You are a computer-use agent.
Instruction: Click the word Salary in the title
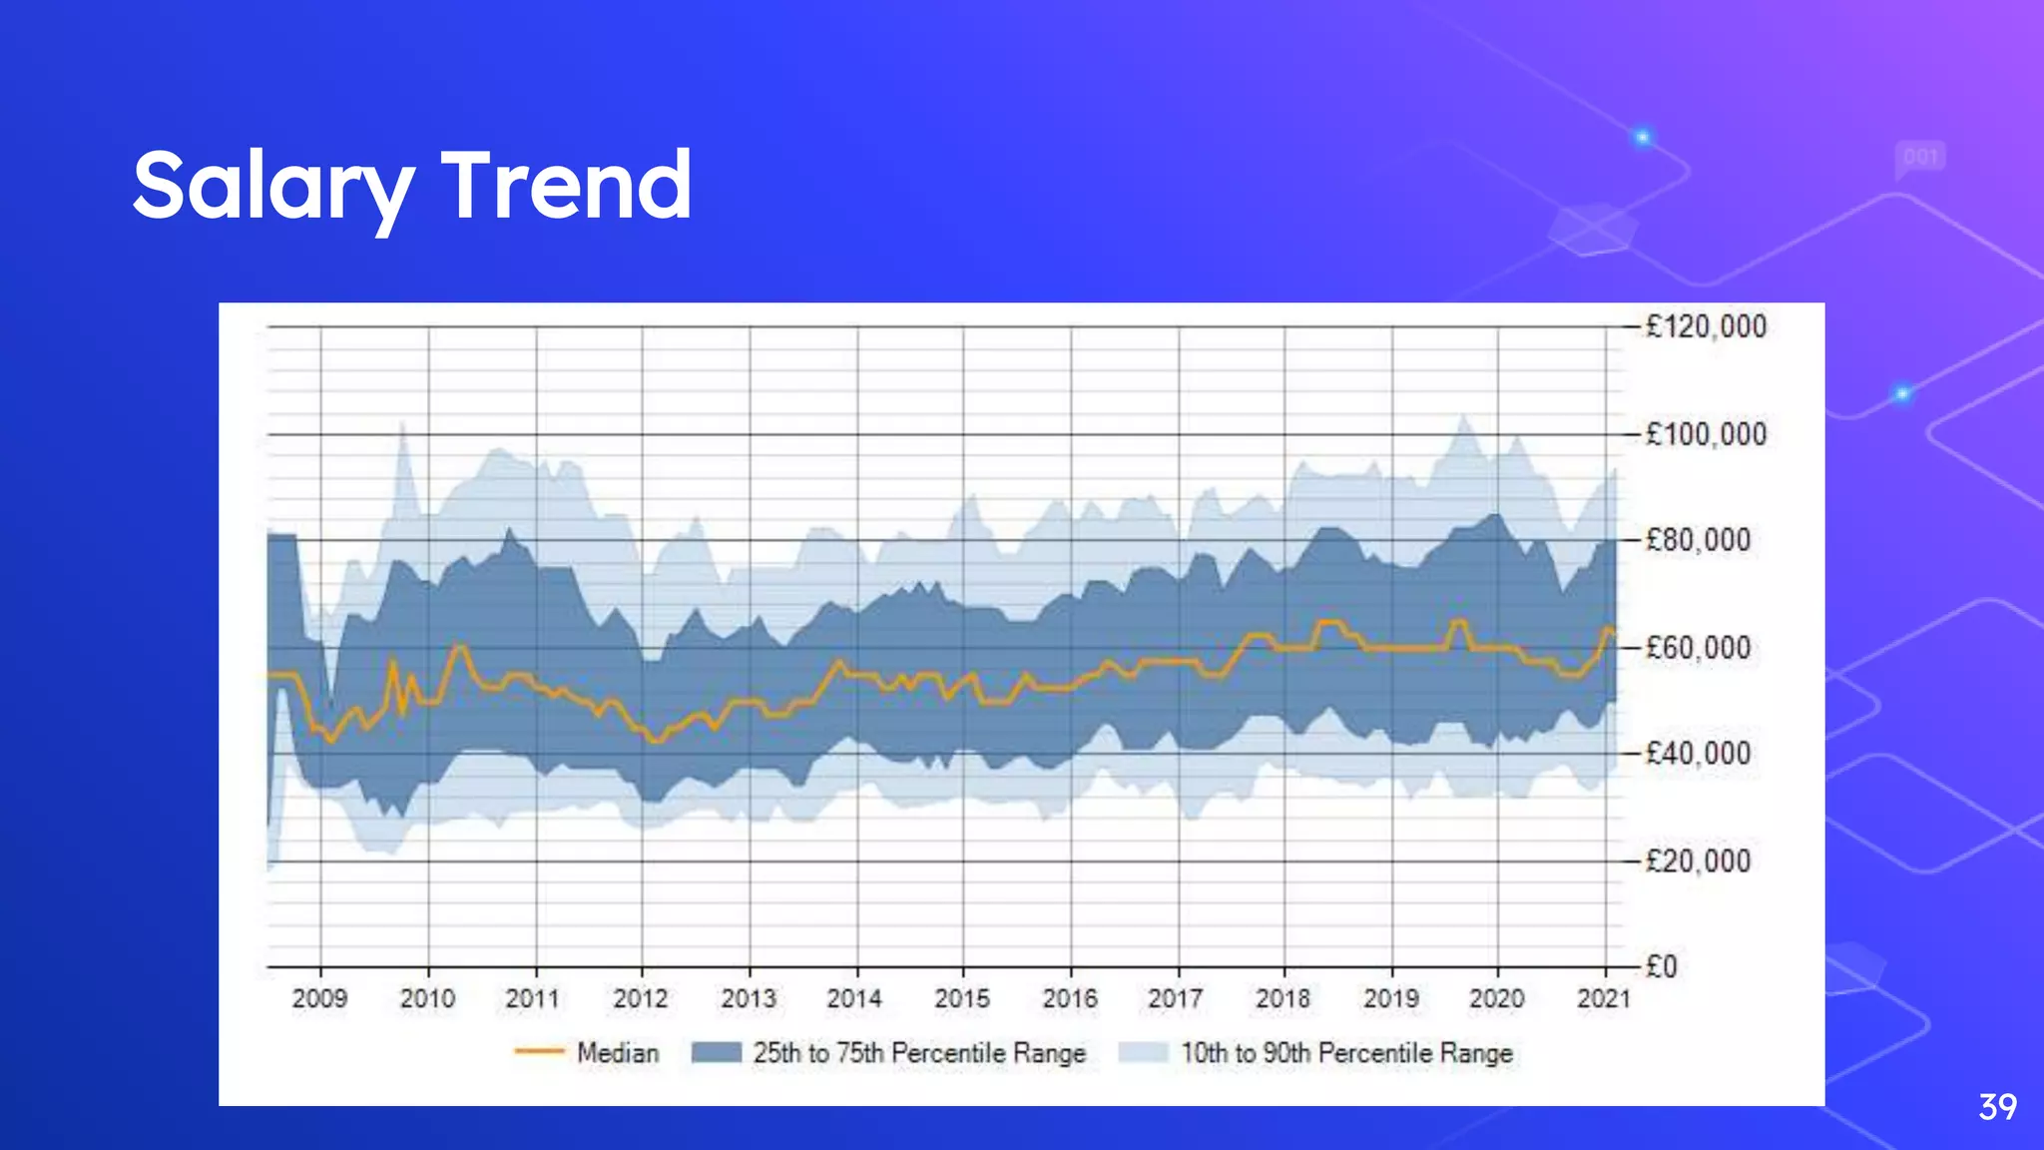point(271,187)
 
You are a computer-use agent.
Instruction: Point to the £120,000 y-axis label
point(1706,326)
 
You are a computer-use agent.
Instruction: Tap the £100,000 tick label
point(1706,434)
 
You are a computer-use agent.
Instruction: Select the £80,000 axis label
point(1698,540)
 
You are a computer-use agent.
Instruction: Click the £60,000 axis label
point(1698,648)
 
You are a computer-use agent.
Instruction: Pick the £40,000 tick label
point(1698,753)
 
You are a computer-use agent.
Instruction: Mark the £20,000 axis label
point(1698,861)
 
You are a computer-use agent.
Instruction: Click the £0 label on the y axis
point(1662,966)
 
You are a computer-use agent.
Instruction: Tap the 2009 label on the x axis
point(319,998)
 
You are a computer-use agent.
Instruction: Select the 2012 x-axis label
point(641,998)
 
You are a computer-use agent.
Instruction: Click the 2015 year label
point(962,998)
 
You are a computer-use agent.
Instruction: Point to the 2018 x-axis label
point(1283,998)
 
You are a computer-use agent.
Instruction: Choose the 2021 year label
point(1604,998)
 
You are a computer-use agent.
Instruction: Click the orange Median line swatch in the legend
point(540,1052)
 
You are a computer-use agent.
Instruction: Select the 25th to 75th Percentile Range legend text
point(918,1053)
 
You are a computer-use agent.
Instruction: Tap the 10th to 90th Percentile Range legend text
point(1346,1053)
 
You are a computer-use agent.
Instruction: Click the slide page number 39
point(1997,1107)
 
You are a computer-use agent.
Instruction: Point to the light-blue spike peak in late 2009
point(402,425)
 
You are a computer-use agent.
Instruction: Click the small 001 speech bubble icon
point(1920,158)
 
